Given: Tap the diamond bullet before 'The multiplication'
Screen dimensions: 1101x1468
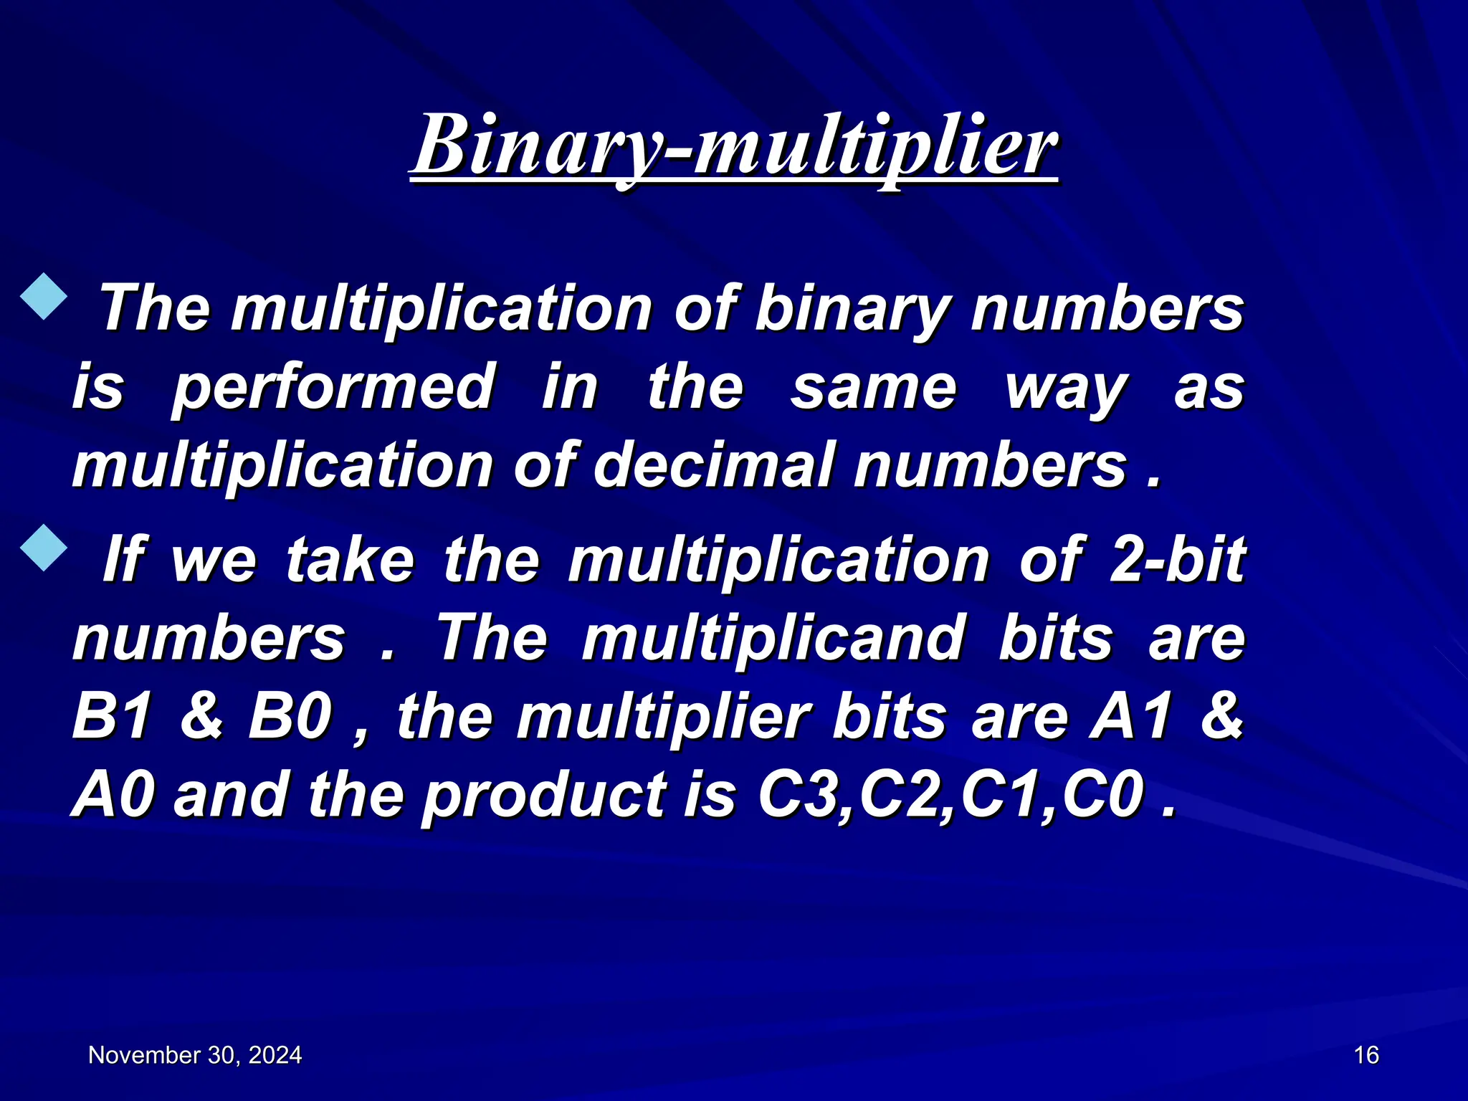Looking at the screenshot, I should click(44, 295).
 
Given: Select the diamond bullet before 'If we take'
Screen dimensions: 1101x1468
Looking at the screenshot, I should click(44, 548).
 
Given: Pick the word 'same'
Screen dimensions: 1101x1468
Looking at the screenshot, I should click(873, 388).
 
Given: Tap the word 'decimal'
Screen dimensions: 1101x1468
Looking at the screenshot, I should click(712, 466).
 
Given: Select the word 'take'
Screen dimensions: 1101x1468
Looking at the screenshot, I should click(350, 560).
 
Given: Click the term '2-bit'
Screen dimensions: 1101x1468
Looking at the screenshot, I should click(1177, 560).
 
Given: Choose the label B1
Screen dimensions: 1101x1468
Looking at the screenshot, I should click(112, 716).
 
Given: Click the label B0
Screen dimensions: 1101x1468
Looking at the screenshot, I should click(290, 716).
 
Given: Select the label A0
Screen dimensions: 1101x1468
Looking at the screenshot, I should click(113, 795).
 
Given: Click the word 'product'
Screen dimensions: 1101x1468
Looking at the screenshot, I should click(543, 796).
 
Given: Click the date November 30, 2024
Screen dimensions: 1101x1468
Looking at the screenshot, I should click(195, 1055).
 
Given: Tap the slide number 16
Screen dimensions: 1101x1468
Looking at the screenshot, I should click(1366, 1055).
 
